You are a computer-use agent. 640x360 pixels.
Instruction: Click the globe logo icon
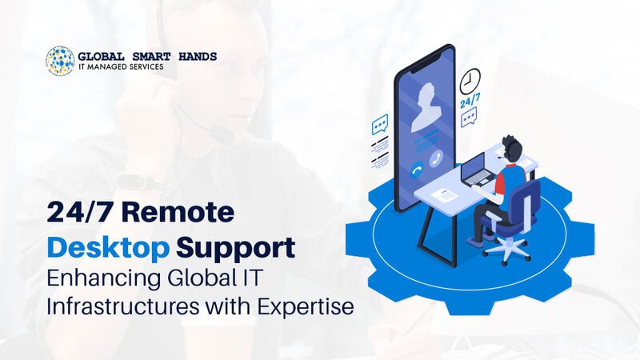tap(61, 61)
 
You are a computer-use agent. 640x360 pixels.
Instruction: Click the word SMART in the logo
tap(151, 56)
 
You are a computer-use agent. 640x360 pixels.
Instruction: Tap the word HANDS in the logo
tap(198, 56)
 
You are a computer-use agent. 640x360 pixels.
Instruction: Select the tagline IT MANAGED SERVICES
tap(121, 66)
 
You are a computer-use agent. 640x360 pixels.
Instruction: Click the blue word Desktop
tap(108, 249)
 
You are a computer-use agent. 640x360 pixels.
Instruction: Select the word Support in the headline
tap(235, 249)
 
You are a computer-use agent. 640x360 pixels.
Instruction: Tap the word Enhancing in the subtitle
tap(103, 279)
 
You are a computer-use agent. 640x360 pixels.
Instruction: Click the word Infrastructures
tap(123, 306)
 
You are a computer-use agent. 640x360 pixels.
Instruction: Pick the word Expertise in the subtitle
tap(306, 306)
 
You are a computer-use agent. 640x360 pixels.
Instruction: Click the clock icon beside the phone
tap(470, 81)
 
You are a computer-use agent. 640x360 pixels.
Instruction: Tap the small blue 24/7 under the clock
tap(470, 101)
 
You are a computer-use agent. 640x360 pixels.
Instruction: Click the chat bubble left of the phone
tap(380, 125)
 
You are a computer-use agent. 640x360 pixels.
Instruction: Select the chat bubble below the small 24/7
tap(469, 117)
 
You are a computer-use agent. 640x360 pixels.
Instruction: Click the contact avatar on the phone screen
tap(426, 107)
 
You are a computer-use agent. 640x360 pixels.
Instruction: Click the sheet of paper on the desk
tap(445, 194)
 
